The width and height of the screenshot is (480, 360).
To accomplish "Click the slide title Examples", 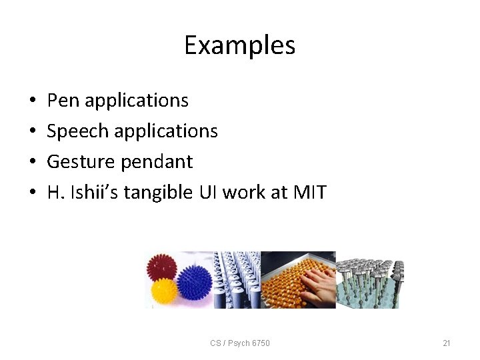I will [239, 45].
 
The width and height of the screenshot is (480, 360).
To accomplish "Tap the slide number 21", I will [447, 343].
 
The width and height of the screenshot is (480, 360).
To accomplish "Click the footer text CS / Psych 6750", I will [240, 343].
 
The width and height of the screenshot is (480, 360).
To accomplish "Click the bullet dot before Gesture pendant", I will [33, 163].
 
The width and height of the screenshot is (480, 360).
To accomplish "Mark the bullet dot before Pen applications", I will [33, 101].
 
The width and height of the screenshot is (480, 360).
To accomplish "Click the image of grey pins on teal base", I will [369, 280].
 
